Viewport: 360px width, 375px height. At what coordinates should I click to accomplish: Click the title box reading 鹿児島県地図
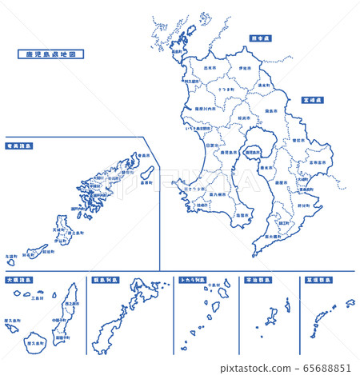50,54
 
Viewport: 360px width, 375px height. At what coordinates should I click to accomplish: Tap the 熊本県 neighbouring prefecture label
261,37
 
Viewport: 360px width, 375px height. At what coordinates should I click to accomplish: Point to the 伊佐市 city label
244,70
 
